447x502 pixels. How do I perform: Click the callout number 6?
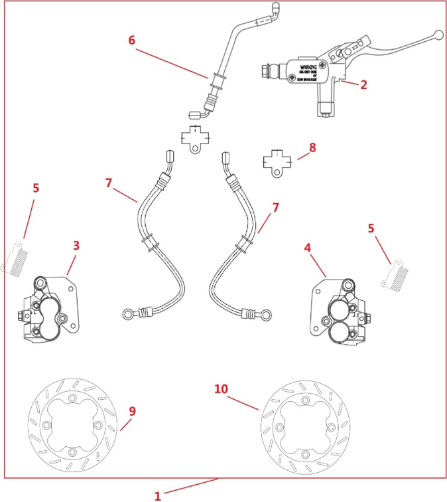tap(132, 40)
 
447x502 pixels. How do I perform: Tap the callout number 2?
tap(363, 84)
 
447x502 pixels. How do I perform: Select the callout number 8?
tap(312, 147)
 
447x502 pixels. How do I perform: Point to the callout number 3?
tap(76, 246)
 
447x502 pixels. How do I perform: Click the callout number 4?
tap(308, 248)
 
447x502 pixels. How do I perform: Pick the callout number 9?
tap(132, 412)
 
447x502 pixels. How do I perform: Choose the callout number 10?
tap(222, 388)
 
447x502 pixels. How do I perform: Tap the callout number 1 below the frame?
tap(157, 495)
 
